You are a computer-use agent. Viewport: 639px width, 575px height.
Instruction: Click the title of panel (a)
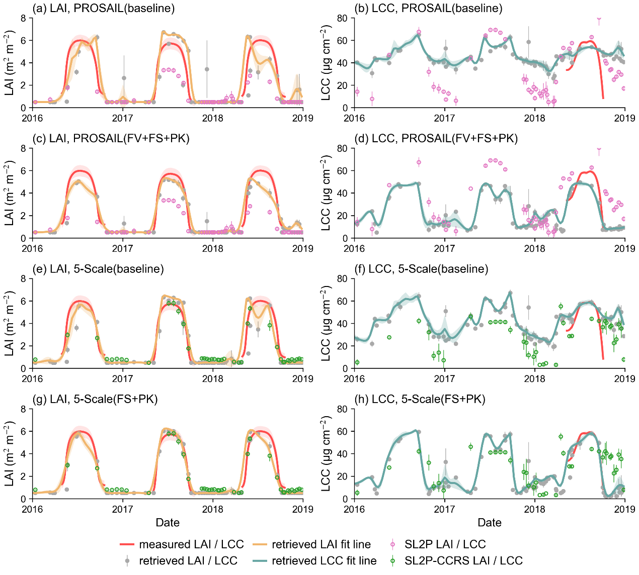pos(103,8)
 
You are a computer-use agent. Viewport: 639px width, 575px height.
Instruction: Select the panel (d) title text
pos(436,138)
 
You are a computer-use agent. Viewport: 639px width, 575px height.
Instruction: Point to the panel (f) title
pos(421,269)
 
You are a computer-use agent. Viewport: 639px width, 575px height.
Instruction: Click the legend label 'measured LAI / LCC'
pos(191,544)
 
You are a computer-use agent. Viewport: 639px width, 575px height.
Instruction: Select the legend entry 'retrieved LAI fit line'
pos(321,544)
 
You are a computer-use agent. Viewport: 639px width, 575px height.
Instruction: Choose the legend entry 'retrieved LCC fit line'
pos(324,560)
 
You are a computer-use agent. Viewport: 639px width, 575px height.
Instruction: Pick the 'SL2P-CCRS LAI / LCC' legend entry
pos(463,560)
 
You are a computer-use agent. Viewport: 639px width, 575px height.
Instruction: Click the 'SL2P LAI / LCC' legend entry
pos(445,544)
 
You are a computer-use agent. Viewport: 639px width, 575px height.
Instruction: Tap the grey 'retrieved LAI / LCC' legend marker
pos(127,560)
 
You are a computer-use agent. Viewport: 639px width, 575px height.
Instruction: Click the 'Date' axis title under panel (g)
pos(168,523)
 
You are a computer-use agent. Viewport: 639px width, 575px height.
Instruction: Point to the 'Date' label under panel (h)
pos(490,523)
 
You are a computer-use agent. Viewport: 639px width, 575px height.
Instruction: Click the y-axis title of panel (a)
pos(10,63)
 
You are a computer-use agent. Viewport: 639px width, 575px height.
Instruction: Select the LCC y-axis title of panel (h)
pos(326,453)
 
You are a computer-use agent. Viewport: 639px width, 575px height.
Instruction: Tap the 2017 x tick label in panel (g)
pos(123,509)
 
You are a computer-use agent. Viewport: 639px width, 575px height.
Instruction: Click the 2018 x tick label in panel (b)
pos(535,118)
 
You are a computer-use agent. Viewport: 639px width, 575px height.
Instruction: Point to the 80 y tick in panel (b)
pos(343,18)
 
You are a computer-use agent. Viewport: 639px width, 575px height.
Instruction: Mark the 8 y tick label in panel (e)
pos(23,279)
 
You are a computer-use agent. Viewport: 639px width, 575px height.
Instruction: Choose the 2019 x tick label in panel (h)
pos(624,509)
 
